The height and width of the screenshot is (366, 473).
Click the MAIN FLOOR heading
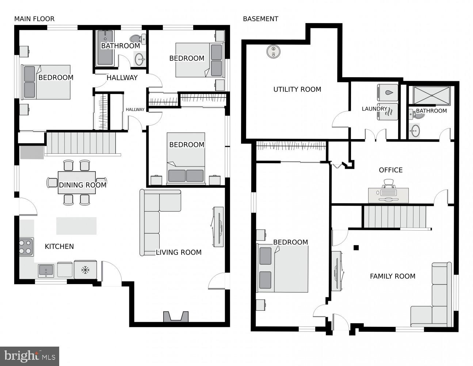pos(34,19)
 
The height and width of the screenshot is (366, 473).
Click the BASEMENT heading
pos(260,19)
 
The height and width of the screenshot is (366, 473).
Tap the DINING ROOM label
pos(83,185)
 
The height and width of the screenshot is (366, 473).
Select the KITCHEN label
pos(59,246)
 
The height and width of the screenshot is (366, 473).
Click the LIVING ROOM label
pos(179,252)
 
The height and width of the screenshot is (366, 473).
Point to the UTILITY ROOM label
pos(297,89)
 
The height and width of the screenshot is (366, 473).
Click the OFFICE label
pos(390,170)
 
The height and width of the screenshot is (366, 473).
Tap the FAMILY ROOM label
pos(392,276)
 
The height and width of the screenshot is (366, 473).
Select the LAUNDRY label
pos(374,109)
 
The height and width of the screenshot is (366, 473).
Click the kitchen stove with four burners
pos(26,247)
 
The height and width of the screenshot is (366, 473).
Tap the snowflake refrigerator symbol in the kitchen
pos(85,270)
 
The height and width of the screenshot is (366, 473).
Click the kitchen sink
pos(46,270)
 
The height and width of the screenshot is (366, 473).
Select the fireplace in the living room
pos(176,317)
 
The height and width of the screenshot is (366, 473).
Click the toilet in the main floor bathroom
pos(138,38)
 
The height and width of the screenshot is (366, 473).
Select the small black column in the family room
pos(356,248)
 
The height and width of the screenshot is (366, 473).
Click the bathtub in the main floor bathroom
pos(105,48)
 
